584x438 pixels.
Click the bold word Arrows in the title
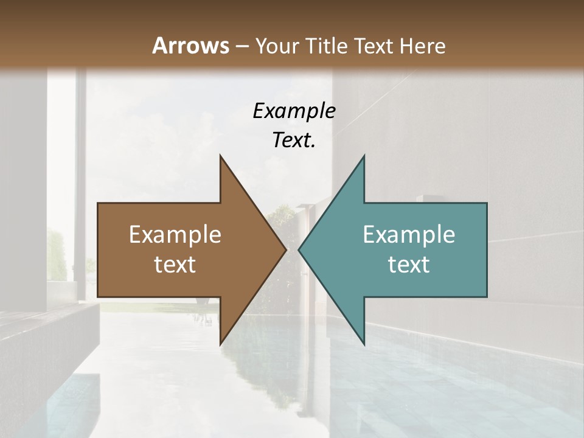190,46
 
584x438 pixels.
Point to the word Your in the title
277,46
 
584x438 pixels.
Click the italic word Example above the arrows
294,111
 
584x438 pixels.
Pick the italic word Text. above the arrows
294,141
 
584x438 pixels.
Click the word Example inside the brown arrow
175,235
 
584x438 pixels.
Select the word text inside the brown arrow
175,265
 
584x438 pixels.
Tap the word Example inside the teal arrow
409,235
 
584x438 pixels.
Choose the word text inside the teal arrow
409,265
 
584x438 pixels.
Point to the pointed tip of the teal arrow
299,249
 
